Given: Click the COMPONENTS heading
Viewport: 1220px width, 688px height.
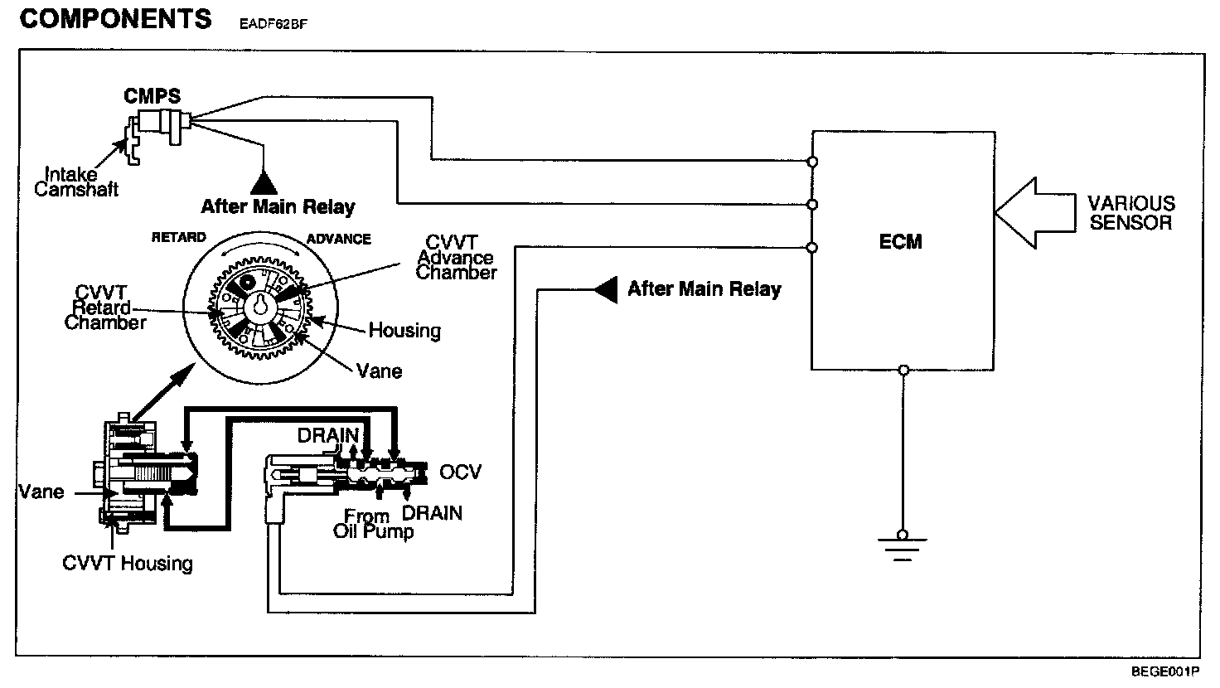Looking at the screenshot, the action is click(115, 19).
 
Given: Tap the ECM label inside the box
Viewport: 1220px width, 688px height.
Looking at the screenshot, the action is click(901, 242).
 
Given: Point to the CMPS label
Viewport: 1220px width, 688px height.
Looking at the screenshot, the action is click(152, 96).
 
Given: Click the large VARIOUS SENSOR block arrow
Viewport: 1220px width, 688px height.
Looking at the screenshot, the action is click(1035, 213).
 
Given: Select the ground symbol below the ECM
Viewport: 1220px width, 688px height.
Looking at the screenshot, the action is click(903, 546).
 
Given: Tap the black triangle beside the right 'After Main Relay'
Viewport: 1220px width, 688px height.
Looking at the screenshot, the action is click(606, 289).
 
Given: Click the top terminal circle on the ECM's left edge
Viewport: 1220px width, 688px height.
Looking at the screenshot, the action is click(812, 162).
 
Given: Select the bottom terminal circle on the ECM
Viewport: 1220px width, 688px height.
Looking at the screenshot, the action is click(903, 371).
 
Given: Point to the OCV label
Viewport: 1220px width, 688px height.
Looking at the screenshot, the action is click(460, 472).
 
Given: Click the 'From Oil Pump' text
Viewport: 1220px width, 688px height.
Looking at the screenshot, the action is click(373, 524).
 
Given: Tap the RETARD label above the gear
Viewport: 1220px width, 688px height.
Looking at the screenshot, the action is click(179, 238).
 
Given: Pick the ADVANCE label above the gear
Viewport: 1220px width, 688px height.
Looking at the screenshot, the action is click(338, 239).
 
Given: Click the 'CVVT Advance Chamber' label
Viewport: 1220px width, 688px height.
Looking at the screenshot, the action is click(457, 257).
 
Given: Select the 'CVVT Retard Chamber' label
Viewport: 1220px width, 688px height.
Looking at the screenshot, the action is click(105, 308).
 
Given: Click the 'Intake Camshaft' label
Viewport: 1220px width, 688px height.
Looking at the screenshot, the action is click(75, 182).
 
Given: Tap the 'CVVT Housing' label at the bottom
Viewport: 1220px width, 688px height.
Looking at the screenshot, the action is click(128, 564).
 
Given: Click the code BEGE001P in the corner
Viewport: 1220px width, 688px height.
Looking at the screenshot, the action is click(1165, 671).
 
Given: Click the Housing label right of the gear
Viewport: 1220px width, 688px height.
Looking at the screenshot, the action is click(404, 331).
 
